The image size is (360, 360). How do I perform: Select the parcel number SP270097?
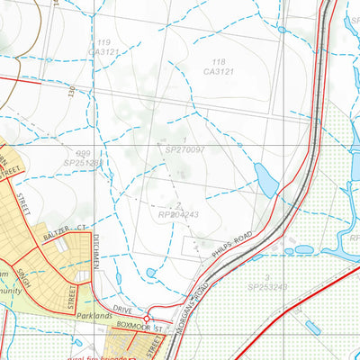[184, 148]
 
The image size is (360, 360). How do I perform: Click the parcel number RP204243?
[178, 213]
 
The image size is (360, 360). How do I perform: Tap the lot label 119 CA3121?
[106, 48]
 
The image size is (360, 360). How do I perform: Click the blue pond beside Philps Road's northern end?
[267, 179]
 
